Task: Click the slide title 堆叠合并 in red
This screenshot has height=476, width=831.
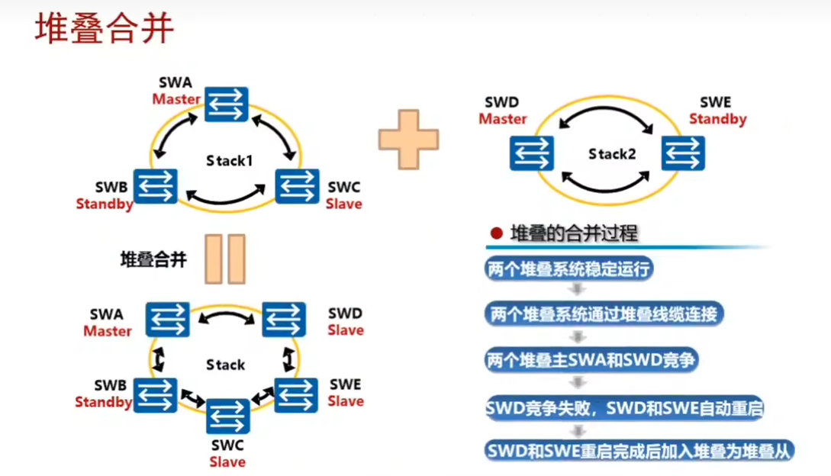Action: [105, 27]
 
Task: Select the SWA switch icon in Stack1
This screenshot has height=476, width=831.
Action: [227, 104]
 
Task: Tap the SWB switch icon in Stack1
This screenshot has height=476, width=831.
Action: [155, 186]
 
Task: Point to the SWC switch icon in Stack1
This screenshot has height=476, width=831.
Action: [298, 186]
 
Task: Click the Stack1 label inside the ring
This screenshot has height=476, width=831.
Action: [230, 161]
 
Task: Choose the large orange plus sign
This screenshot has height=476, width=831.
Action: [408, 140]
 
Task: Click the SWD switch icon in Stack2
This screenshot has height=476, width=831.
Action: [532, 153]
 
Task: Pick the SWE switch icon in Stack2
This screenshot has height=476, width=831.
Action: [683, 153]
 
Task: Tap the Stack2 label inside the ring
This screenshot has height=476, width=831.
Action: [612, 154]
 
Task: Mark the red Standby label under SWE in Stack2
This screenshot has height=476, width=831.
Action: [717, 119]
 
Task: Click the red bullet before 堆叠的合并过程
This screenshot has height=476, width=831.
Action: [497, 233]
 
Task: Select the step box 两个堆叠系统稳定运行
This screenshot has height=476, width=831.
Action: [568, 269]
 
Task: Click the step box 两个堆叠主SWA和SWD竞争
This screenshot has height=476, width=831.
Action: [591, 361]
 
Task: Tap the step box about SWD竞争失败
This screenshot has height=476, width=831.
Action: [624, 408]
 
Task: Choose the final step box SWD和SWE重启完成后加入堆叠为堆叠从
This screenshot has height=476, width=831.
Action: [639, 451]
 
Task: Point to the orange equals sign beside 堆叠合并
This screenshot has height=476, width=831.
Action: [225, 259]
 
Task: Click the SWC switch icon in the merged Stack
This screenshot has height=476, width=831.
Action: [228, 416]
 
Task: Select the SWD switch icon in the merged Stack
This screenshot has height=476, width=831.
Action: [284, 320]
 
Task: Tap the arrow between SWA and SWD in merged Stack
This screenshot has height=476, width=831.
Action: [227, 317]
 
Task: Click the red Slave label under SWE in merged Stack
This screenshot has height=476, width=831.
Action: [346, 401]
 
